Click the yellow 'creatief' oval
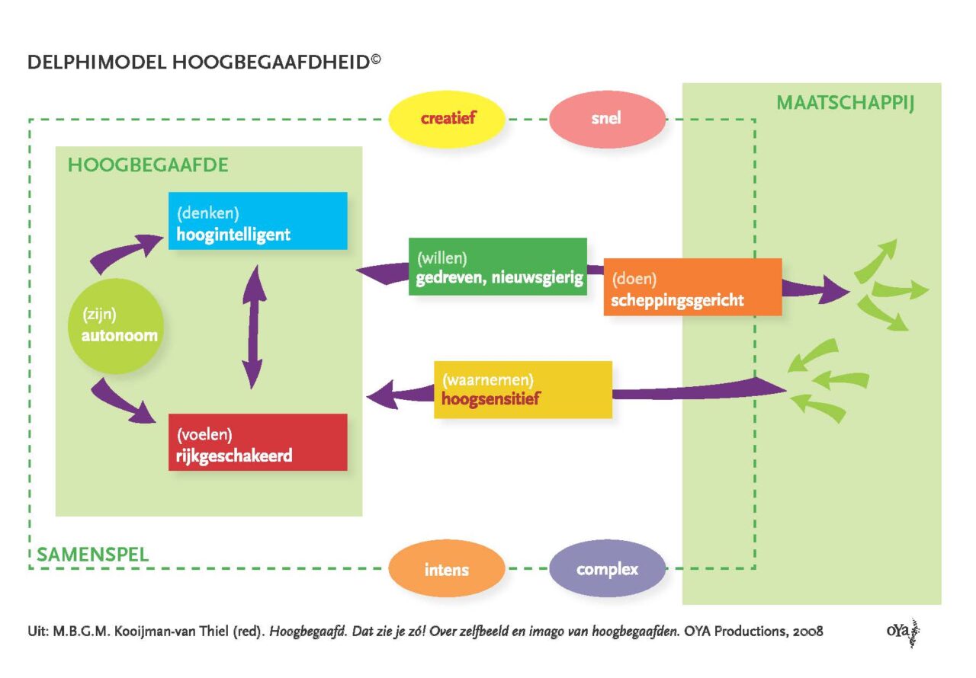coord(447,118)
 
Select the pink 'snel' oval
coord(607,118)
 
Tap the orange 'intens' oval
coord(447,568)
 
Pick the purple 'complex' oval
coord(607,568)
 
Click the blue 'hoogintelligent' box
coord(258,221)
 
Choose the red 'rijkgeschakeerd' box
coord(258,442)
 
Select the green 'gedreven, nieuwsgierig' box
coord(498,267)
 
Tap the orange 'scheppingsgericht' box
coord(693,286)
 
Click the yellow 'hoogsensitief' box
coord(523,389)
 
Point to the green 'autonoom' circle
coord(116,326)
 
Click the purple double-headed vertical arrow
coord(254,326)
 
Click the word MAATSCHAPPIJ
coord(845,103)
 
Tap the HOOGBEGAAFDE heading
coord(148,165)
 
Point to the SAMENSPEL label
coord(93,555)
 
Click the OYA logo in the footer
coord(904,632)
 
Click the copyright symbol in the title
coord(376,59)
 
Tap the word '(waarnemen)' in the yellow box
coord(488,380)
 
